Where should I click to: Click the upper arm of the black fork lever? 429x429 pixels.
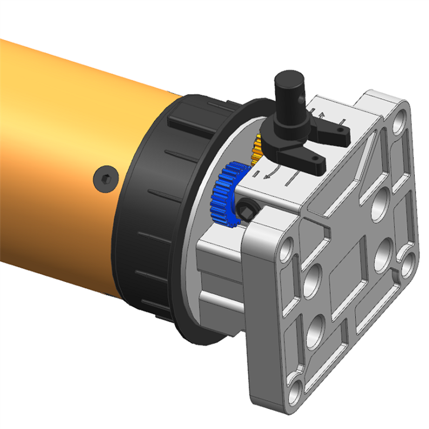click(x=333, y=130)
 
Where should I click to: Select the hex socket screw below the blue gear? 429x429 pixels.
click(x=247, y=207)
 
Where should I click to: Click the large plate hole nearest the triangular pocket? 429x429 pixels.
click(x=382, y=197)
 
